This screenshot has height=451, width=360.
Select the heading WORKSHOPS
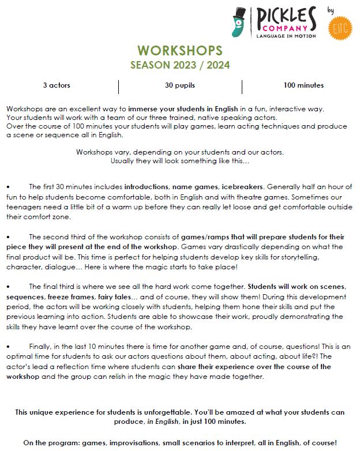click(x=180, y=50)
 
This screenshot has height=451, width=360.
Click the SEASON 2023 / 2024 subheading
click(x=180, y=65)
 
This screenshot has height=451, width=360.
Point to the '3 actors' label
click(x=57, y=85)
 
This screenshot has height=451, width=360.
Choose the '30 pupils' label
click(x=180, y=85)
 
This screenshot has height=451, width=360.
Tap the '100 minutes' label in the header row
click(x=303, y=85)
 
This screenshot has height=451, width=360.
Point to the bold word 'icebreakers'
click(x=240, y=187)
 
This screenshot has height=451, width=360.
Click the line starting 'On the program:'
click(x=180, y=442)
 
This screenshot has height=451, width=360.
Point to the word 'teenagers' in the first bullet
click(x=24, y=207)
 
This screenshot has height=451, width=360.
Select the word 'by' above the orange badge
click(x=331, y=10)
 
